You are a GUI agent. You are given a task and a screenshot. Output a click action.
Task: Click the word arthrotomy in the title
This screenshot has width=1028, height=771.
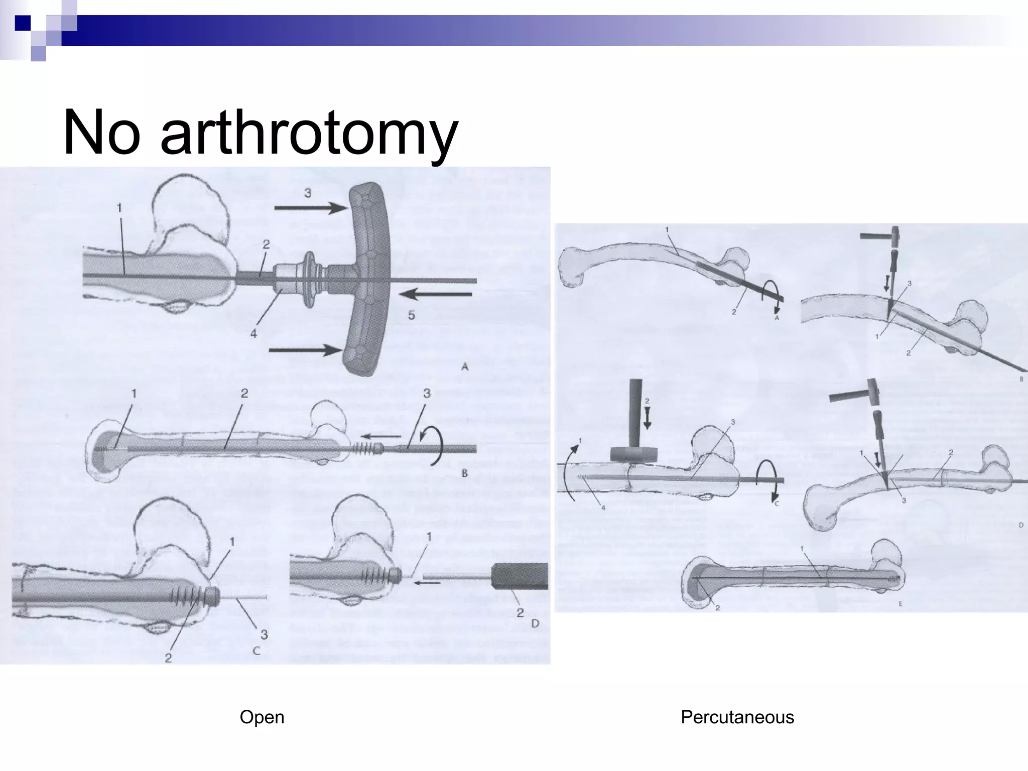click(309, 134)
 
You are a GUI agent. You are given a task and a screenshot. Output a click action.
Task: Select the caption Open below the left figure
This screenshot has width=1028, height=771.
click(262, 717)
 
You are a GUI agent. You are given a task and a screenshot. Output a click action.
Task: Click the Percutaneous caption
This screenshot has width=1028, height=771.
click(737, 717)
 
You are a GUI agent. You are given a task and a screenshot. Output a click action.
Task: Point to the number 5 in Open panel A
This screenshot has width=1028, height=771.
click(411, 315)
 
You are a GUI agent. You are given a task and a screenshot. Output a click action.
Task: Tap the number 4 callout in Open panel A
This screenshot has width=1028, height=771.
click(253, 333)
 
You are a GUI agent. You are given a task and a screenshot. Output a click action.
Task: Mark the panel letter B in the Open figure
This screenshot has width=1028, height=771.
click(464, 473)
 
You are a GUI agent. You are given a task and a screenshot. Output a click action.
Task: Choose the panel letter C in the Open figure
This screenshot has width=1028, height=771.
click(256, 651)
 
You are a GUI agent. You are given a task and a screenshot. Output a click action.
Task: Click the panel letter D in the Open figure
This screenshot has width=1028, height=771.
click(535, 623)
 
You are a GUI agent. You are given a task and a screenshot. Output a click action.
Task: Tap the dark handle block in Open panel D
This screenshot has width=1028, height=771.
click(520, 576)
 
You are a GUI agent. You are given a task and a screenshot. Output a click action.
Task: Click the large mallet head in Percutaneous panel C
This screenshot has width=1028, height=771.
click(634, 454)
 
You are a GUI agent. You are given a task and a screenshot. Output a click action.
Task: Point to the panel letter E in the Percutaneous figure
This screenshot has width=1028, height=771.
click(900, 604)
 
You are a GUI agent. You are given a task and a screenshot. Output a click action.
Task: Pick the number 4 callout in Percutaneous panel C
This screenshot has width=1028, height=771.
click(603, 507)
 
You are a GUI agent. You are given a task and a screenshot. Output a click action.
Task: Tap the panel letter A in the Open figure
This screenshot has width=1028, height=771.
click(464, 367)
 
